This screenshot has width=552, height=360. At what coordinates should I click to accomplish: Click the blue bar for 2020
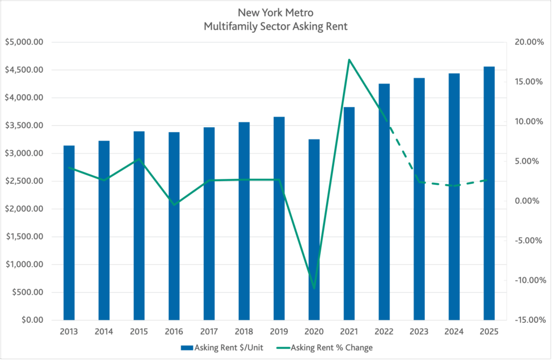click(314, 229)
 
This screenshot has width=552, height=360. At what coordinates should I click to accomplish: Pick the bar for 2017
click(209, 223)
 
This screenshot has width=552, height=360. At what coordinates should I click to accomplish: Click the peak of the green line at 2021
click(349, 59)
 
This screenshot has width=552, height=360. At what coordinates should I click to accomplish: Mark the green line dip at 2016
click(174, 205)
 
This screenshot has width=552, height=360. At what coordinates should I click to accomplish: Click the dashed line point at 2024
click(454, 186)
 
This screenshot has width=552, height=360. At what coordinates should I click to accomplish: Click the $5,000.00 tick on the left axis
click(25, 42)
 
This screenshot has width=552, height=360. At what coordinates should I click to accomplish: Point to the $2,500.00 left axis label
click(25, 181)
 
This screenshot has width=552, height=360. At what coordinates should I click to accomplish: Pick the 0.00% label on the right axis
click(526, 201)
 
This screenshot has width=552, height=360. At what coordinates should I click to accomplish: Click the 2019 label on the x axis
click(279, 331)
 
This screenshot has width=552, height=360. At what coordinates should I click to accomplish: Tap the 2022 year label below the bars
click(384, 331)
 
